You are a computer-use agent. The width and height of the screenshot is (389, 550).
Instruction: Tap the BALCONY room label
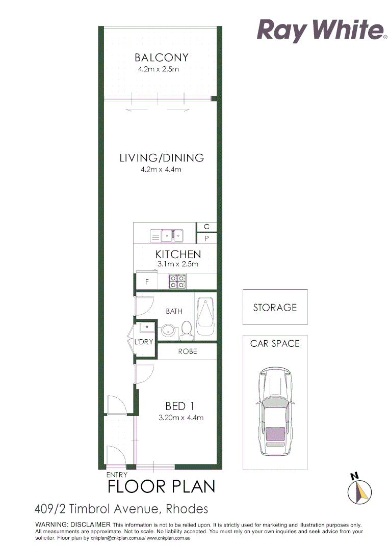coord(161,58)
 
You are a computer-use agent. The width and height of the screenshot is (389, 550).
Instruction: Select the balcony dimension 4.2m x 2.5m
coord(158,69)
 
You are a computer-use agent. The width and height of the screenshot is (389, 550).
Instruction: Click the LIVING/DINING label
coord(162,158)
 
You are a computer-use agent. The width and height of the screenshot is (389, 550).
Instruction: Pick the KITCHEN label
coord(178,254)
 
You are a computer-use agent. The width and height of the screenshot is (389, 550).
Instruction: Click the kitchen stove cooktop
coord(177,281)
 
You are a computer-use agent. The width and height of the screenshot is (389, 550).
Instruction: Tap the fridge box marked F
coord(147,281)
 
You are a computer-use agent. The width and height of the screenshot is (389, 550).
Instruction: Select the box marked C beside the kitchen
coord(206,227)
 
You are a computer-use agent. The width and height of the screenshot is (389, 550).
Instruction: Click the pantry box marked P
coord(206,238)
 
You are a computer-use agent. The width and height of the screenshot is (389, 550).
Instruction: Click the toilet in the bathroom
coord(186,330)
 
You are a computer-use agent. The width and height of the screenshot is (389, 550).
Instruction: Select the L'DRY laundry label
coord(143,342)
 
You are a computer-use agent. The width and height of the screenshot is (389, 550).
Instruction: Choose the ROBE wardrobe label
coord(187,351)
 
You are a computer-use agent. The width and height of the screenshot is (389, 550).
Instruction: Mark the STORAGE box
coord(275,307)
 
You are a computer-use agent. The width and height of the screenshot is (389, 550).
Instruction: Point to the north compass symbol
coord(359,490)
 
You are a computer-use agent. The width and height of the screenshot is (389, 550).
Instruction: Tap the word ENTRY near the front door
coord(117,475)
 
